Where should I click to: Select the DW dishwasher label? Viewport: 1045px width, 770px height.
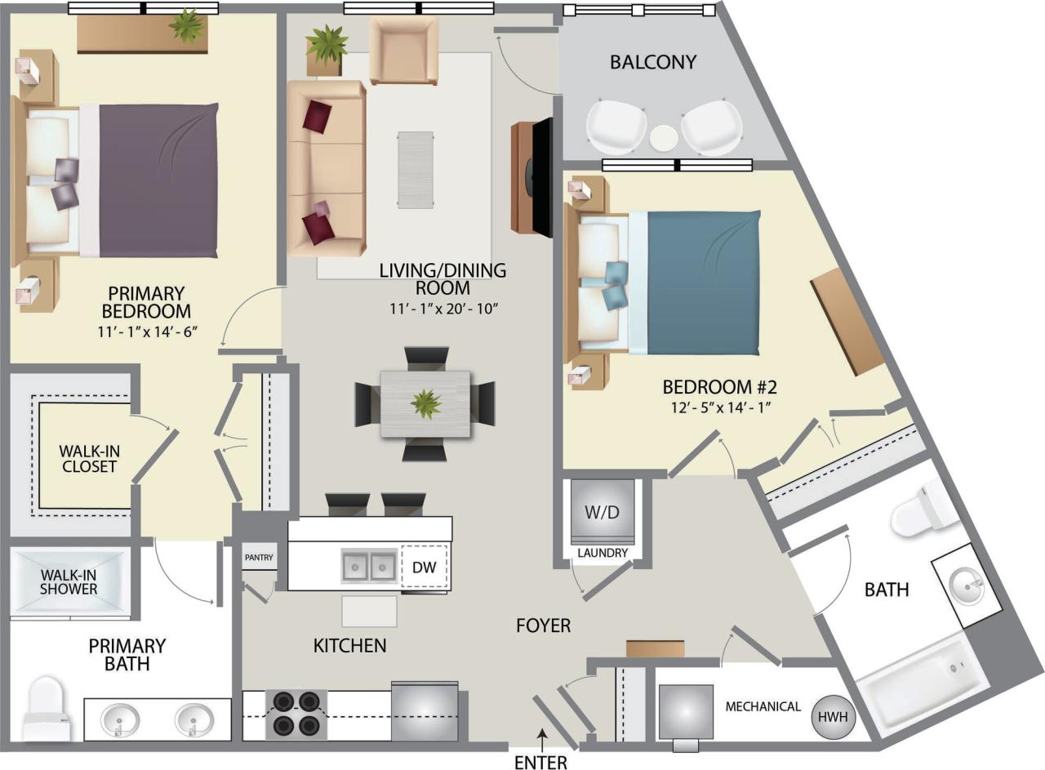[x=423, y=567]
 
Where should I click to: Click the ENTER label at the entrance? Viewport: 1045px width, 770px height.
[x=540, y=763]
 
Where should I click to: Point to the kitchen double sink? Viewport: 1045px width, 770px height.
[x=367, y=565]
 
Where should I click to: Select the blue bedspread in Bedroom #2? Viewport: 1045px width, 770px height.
[x=703, y=283]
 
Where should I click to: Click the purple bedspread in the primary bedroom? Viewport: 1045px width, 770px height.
[x=159, y=180]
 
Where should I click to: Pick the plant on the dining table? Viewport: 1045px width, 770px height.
[x=425, y=403]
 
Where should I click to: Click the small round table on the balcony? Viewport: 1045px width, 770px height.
[x=664, y=137]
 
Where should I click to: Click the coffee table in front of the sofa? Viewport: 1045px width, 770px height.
[x=416, y=170]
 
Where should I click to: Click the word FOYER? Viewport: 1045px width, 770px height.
[x=543, y=626]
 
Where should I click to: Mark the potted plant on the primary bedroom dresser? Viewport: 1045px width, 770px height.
[x=187, y=27]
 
